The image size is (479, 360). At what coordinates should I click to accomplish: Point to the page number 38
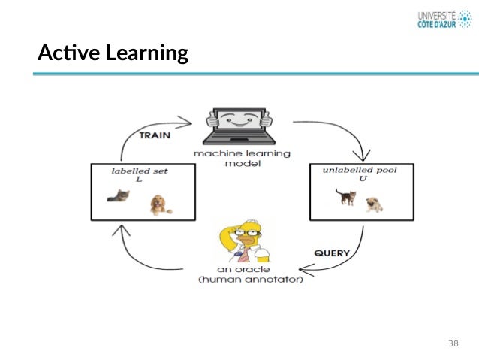(x=453, y=343)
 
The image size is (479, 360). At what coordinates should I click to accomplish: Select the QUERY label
(x=330, y=253)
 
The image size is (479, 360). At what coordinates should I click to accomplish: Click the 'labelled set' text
(x=140, y=171)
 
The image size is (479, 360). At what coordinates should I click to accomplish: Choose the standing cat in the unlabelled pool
(x=345, y=197)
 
